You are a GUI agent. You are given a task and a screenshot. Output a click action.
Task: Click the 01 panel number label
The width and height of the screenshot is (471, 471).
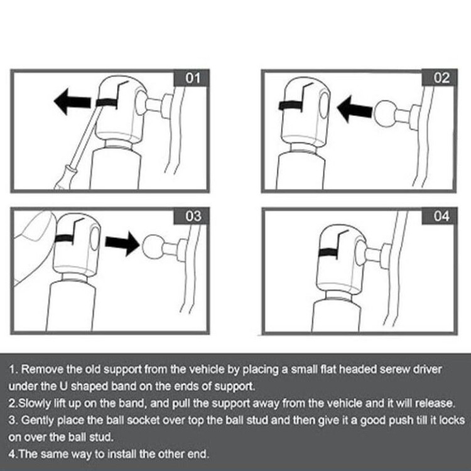193,78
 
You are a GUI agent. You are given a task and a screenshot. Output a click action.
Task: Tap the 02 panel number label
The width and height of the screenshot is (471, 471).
441,78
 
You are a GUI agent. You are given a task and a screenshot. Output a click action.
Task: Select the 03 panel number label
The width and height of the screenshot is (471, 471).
193,216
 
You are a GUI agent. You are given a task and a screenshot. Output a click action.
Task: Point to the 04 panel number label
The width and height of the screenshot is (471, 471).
441,216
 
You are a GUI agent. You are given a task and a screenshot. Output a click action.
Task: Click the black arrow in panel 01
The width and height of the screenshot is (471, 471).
72,102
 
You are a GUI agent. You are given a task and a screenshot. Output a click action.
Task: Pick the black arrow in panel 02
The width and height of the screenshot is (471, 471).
355,109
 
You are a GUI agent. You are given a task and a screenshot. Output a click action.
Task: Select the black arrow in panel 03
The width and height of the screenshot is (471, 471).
122,243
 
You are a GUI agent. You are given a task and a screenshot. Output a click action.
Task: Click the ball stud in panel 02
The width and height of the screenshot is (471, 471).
386,114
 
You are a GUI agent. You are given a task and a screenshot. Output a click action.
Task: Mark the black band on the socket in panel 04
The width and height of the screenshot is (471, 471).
328,252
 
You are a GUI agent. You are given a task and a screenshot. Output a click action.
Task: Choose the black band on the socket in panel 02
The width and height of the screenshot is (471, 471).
290,106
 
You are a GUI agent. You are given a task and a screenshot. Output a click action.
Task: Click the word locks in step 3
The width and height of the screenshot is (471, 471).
452,420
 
